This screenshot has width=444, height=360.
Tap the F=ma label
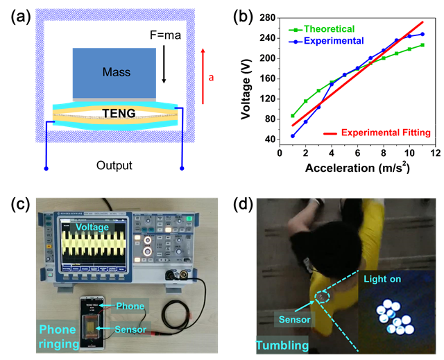(x=165, y=32)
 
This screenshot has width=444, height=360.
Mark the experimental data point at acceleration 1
(x=293, y=136)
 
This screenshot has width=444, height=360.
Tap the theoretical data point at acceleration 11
(x=422, y=45)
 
